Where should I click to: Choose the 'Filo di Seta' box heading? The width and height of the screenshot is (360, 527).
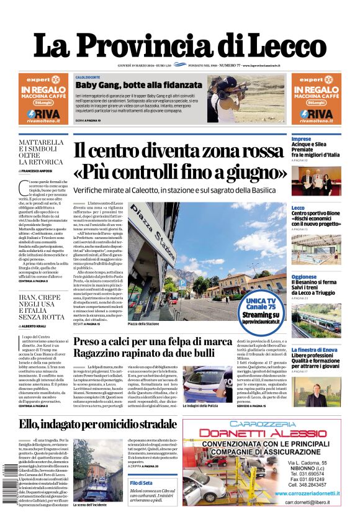(141, 483)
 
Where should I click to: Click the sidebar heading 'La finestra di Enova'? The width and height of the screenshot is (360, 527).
(315, 349)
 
